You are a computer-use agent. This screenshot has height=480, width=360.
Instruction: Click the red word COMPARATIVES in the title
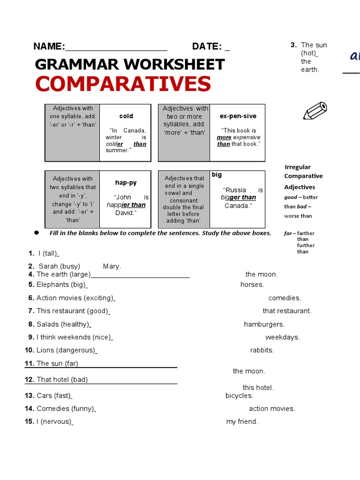(123, 84)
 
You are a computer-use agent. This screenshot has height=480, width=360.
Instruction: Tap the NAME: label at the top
(49, 46)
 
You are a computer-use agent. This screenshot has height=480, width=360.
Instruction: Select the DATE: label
(207, 46)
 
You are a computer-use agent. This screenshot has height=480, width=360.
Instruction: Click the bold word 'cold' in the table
(126, 116)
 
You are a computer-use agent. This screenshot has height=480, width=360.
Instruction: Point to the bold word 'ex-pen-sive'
(238, 116)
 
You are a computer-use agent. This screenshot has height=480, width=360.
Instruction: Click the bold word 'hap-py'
(126, 182)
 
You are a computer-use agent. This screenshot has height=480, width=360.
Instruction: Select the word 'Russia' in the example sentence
(235, 190)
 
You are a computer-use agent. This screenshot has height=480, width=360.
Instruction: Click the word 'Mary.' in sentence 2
(112, 266)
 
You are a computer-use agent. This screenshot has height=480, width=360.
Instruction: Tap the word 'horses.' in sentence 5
(252, 285)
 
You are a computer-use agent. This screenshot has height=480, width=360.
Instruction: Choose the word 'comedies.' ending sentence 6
(285, 298)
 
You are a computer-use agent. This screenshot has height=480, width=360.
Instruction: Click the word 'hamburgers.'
(264, 324)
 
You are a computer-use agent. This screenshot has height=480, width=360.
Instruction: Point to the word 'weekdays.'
(283, 337)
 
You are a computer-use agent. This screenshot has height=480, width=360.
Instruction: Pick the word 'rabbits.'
(262, 350)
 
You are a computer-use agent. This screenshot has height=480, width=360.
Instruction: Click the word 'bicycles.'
(240, 396)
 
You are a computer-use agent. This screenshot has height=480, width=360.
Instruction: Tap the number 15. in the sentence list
(30, 421)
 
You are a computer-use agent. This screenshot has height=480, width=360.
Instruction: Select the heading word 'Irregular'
(298, 167)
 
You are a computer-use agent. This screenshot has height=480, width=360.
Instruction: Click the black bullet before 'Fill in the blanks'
(36, 233)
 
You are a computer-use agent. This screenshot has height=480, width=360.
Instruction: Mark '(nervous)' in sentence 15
(56, 421)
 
